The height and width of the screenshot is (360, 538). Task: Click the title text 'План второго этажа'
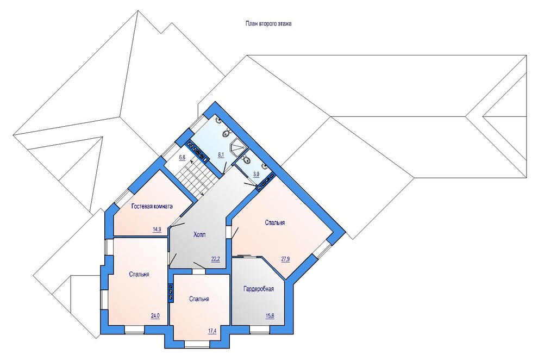268,24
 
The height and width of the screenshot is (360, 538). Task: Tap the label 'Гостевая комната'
152,206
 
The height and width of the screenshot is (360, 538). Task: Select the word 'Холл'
199,235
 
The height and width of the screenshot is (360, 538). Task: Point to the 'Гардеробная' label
259,289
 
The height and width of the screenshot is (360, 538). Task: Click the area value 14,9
157,229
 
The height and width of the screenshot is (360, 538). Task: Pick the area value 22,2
216,259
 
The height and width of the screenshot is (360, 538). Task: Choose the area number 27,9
285,259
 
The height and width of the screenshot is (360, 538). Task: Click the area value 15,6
270,316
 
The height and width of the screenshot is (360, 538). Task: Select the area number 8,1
221,154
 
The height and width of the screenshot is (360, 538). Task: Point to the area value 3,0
256,175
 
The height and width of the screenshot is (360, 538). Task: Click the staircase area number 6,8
182,158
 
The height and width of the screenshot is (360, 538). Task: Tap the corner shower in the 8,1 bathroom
238,147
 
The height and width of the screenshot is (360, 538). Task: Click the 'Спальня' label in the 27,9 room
275,223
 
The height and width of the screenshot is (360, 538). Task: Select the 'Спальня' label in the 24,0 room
139,274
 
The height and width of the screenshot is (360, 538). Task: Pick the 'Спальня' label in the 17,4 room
199,299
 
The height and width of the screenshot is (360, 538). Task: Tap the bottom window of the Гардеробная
259,330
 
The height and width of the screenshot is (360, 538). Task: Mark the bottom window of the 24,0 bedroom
134,330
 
